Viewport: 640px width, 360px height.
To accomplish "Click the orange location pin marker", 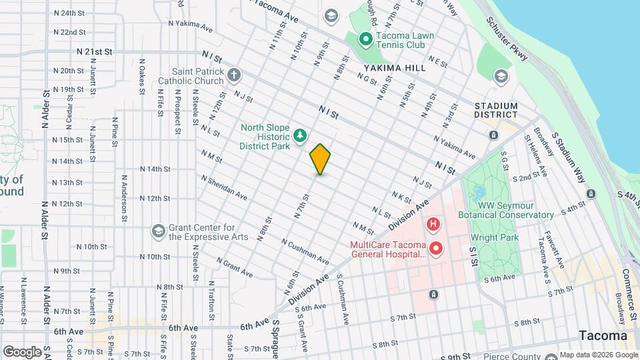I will click(320, 159).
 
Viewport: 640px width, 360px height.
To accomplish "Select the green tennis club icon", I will click(365, 39).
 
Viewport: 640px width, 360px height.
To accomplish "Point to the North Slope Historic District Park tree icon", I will click(301, 136).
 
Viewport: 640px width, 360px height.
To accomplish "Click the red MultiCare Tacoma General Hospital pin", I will click(437, 249).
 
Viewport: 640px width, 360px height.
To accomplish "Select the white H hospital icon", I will click(433, 224).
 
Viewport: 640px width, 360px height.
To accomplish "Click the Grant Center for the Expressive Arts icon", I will click(158, 231).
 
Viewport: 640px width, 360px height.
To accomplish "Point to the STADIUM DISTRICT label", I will click(496, 110).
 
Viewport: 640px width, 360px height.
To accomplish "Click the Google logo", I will click(22, 351).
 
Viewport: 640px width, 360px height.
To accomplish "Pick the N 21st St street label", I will click(94, 51).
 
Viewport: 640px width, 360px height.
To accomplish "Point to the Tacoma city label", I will click(603, 335).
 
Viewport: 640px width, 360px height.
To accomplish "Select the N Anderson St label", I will click(124, 198).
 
